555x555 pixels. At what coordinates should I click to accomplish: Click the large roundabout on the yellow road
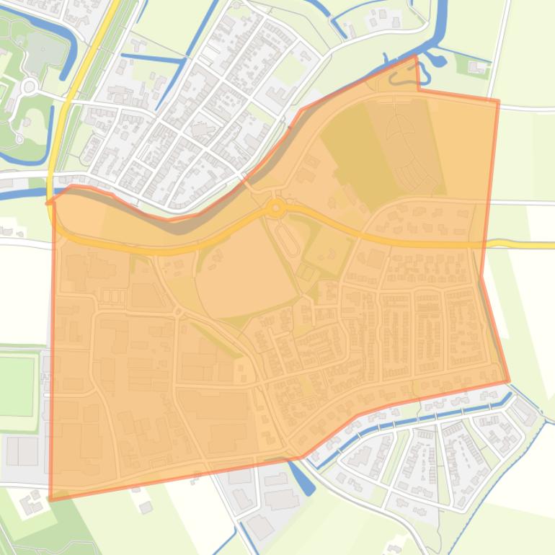click(275, 208)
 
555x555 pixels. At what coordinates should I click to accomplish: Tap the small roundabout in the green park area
click(30, 86)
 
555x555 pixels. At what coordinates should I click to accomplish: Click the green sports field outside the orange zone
click(17, 386)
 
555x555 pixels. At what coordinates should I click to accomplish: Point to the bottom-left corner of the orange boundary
click(50, 499)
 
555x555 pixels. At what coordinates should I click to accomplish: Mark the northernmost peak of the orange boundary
click(416, 56)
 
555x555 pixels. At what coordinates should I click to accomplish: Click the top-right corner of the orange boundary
click(498, 101)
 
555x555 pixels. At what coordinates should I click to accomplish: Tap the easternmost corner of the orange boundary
click(509, 381)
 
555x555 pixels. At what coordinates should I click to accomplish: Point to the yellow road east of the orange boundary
click(526, 245)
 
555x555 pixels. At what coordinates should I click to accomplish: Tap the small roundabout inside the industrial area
click(178, 311)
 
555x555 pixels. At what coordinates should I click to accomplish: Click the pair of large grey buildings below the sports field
click(22, 451)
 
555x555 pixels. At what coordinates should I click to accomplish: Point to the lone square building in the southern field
click(146, 507)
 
